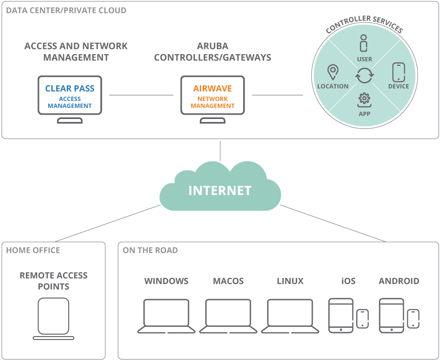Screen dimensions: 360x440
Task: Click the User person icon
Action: click(364, 43)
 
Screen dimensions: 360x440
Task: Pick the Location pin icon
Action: click(333, 72)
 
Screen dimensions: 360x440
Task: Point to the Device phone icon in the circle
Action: click(399, 72)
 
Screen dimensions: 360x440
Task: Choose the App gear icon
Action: click(364, 100)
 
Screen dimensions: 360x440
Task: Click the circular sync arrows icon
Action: click(364, 76)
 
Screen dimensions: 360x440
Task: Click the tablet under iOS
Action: click(341, 315)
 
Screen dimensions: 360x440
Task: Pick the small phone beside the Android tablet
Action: click(413, 319)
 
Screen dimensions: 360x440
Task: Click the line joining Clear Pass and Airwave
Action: click(141, 95)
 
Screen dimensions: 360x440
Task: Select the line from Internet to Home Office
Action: click(108, 223)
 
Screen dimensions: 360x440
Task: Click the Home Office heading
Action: click(33, 250)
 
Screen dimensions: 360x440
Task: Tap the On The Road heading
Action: click(150, 250)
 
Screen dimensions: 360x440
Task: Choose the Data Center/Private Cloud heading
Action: click(66, 10)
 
